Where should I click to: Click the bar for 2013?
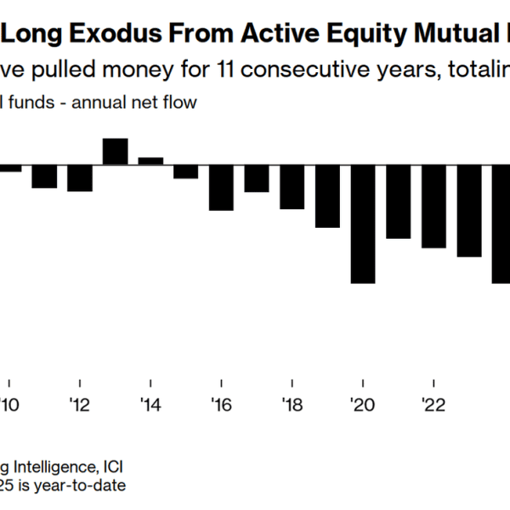coord(115,151)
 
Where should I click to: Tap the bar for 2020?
coord(363,224)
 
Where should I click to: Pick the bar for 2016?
coord(221,187)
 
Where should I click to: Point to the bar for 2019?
coord(327,195)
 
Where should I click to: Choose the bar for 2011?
coord(44,176)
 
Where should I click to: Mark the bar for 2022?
coord(433,206)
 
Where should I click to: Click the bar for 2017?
coord(257,178)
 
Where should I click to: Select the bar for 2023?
coord(469,210)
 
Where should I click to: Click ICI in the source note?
coord(110,467)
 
